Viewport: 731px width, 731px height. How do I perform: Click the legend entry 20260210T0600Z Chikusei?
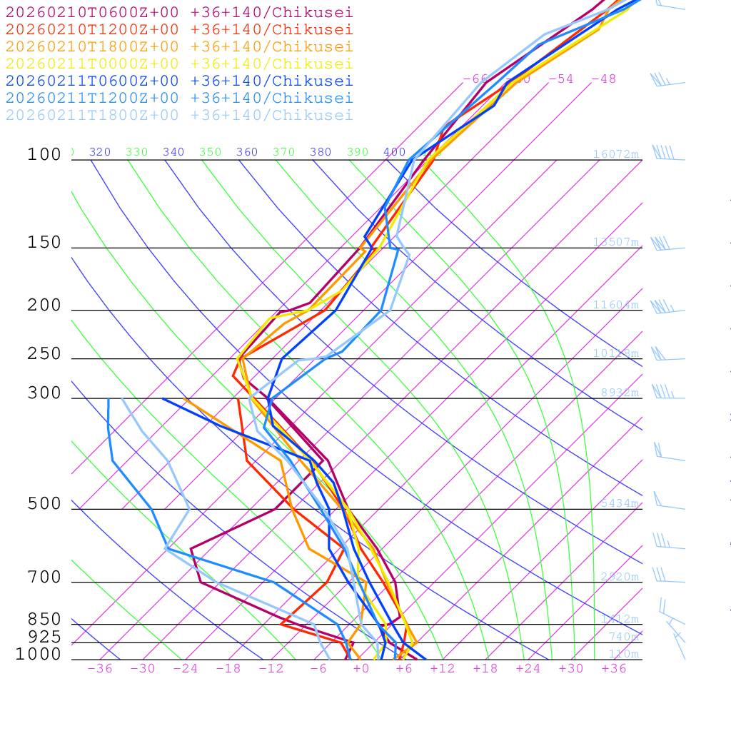(179, 12)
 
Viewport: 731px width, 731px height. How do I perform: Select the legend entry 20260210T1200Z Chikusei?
(179, 29)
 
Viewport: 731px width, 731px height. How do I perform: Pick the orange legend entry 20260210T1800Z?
(179, 46)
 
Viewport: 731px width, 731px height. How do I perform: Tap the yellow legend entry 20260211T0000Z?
(179, 64)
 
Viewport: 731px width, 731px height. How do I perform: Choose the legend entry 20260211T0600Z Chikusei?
(179, 81)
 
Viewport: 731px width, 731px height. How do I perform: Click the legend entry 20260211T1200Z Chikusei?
(179, 98)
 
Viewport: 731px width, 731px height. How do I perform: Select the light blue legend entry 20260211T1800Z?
(179, 115)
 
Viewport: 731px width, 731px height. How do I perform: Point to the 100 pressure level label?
(44, 155)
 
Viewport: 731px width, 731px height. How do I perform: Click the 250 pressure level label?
(44, 354)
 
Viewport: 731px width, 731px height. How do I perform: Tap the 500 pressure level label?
(44, 505)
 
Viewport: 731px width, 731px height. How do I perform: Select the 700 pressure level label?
(44, 578)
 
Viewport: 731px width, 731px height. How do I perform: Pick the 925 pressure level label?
(44, 637)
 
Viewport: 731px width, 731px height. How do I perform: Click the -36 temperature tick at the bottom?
(100, 668)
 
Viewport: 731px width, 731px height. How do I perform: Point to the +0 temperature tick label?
(361, 668)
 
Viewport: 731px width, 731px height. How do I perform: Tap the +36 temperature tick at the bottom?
(614, 668)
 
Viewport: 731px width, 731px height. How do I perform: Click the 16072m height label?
(615, 154)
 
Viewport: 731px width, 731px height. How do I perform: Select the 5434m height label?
(619, 503)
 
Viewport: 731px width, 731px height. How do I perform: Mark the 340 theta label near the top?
(173, 152)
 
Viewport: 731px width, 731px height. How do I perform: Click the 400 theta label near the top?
(394, 152)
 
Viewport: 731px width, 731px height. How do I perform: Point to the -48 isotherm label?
(603, 79)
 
